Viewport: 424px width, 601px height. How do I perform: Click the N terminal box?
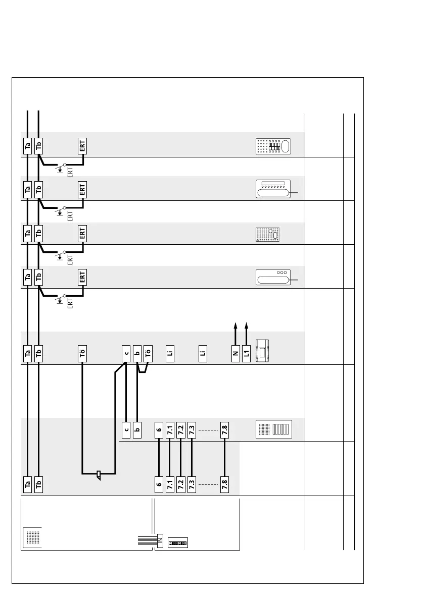235,354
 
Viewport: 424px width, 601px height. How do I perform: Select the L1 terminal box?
247,354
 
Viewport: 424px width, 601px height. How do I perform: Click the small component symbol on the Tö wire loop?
99,475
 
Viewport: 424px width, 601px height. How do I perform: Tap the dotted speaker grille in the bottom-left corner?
31,536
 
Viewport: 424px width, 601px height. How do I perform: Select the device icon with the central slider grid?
273,146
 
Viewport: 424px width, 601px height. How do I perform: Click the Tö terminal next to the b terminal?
148,354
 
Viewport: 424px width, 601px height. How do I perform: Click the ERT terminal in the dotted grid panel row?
82,234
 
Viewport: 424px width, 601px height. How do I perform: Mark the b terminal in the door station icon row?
137,430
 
